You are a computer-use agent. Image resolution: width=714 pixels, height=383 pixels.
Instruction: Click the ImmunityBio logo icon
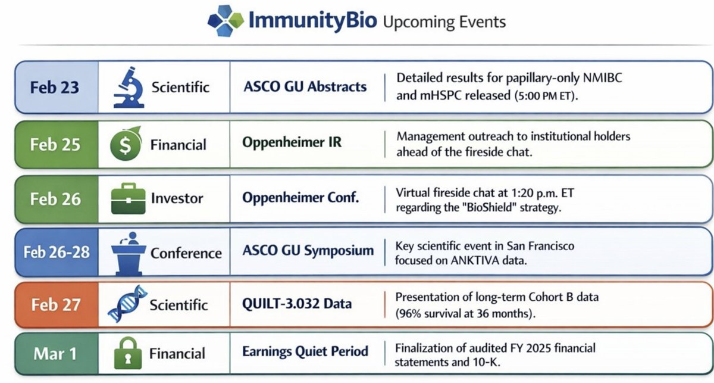(x=226, y=21)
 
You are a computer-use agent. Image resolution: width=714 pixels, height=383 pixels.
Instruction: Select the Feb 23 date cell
(x=54, y=87)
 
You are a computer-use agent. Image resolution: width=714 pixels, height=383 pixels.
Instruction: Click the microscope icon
(x=127, y=87)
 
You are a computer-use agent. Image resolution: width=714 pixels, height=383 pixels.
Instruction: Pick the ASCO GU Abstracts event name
(x=305, y=87)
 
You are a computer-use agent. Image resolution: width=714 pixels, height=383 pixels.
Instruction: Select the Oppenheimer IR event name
(x=292, y=144)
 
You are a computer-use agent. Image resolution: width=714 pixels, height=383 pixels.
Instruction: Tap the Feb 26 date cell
(x=55, y=199)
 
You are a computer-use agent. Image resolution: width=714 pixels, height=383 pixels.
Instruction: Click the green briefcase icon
(x=128, y=200)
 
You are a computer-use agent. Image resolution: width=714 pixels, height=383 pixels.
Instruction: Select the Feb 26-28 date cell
(x=56, y=252)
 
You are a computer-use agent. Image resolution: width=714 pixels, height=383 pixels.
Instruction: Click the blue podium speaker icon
(x=128, y=252)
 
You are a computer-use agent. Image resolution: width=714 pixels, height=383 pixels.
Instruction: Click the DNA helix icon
(x=127, y=304)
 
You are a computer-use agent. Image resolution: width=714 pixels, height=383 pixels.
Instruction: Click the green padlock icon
(x=127, y=354)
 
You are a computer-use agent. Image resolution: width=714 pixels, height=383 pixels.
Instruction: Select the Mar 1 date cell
(x=55, y=354)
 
